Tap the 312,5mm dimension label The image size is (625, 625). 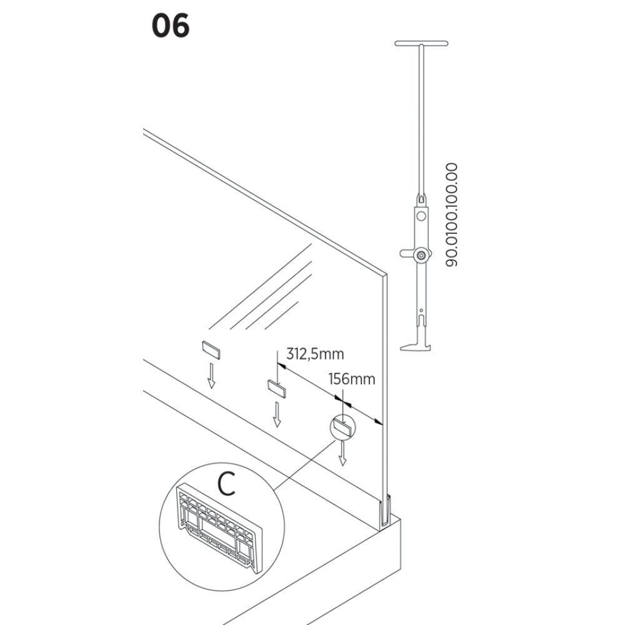pos(315,354)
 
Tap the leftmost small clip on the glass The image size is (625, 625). pos(211,348)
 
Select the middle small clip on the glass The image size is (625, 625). pos(277,388)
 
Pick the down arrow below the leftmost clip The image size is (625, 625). pos(211,375)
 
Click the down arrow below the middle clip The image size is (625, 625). pos(277,414)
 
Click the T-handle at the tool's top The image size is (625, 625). pos(422,44)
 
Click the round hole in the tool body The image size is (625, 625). pos(422,216)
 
